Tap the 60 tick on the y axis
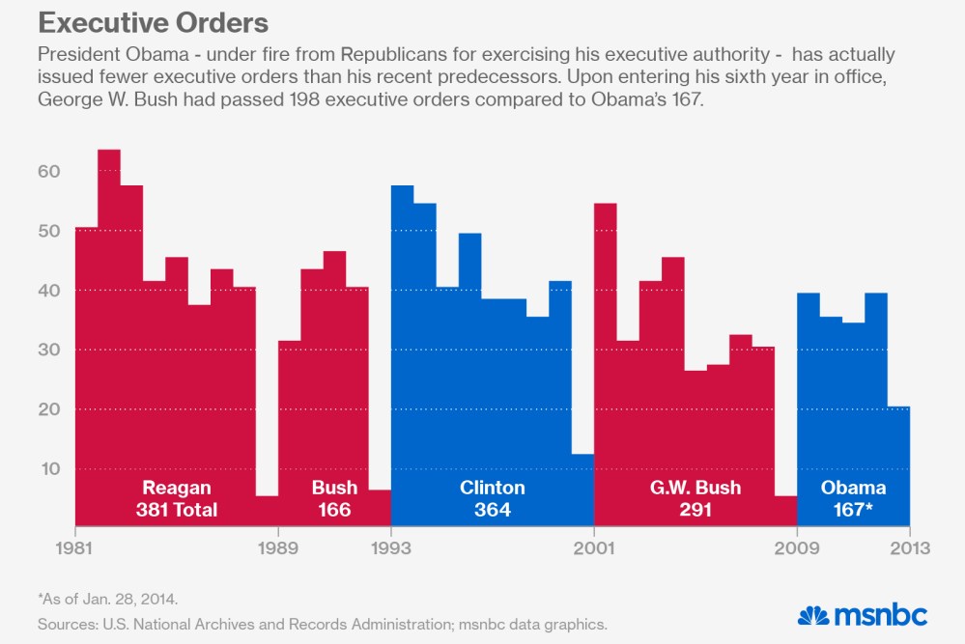click(49, 172)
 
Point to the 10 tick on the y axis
click(49, 469)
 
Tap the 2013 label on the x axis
click(909, 548)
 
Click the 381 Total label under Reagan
click(177, 510)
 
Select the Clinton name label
click(493, 488)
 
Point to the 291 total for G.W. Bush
click(695, 510)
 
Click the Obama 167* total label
click(853, 510)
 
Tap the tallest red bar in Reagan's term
click(109, 290)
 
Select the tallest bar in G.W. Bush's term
click(606, 338)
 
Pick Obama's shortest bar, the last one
click(898, 454)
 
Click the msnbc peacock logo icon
click(814, 615)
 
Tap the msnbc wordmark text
click(881, 615)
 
